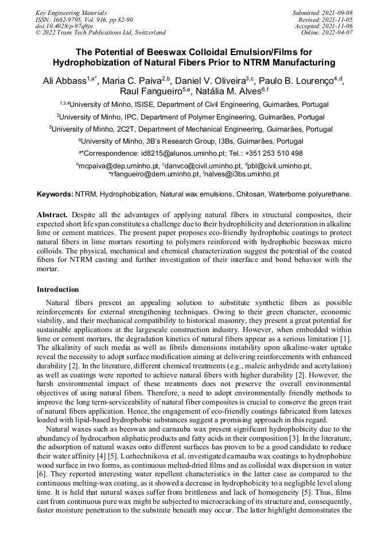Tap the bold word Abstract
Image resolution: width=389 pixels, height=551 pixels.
(52, 214)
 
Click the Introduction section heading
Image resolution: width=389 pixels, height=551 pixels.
(58, 289)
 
